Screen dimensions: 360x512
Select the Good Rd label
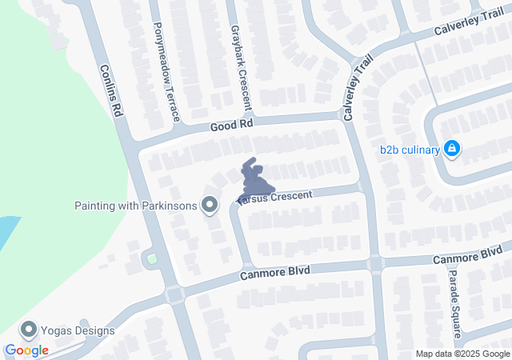tap(231, 126)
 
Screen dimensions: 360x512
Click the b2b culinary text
tap(410, 150)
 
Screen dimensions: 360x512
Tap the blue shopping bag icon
tap(452, 149)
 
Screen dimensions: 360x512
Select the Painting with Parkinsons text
tap(135, 206)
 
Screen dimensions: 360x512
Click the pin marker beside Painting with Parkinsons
tap(210, 206)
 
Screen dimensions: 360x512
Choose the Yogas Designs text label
tap(78, 330)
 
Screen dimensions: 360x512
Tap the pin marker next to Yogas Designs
tap(30, 330)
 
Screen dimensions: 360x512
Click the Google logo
tap(26, 350)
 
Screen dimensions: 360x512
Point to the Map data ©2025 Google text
tap(462, 354)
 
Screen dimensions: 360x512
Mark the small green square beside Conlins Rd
tap(152, 259)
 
